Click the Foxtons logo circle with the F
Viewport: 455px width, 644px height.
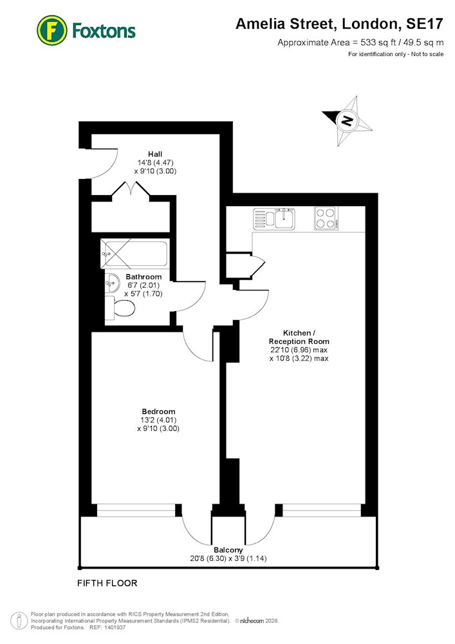pos(51,30)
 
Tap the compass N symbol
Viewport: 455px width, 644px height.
pos(347,121)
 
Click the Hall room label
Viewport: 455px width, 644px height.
pos(155,154)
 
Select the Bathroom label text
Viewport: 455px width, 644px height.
pos(144,277)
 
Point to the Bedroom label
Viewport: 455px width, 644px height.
pos(158,412)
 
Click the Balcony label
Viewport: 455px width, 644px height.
pos(228,550)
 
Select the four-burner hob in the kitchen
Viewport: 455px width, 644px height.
pos(326,218)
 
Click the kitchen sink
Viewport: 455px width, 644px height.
pos(274,218)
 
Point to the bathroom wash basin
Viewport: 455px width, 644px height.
pos(112,283)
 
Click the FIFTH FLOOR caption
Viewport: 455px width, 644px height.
pos(107,583)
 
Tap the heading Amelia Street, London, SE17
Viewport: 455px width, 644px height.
pos(339,24)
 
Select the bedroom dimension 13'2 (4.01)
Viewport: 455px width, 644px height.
pos(158,420)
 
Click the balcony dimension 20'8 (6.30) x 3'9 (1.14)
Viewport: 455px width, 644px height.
pos(228,558)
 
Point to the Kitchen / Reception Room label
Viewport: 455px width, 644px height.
pos(299,337)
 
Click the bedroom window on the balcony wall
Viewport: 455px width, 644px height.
pos(136,510)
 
